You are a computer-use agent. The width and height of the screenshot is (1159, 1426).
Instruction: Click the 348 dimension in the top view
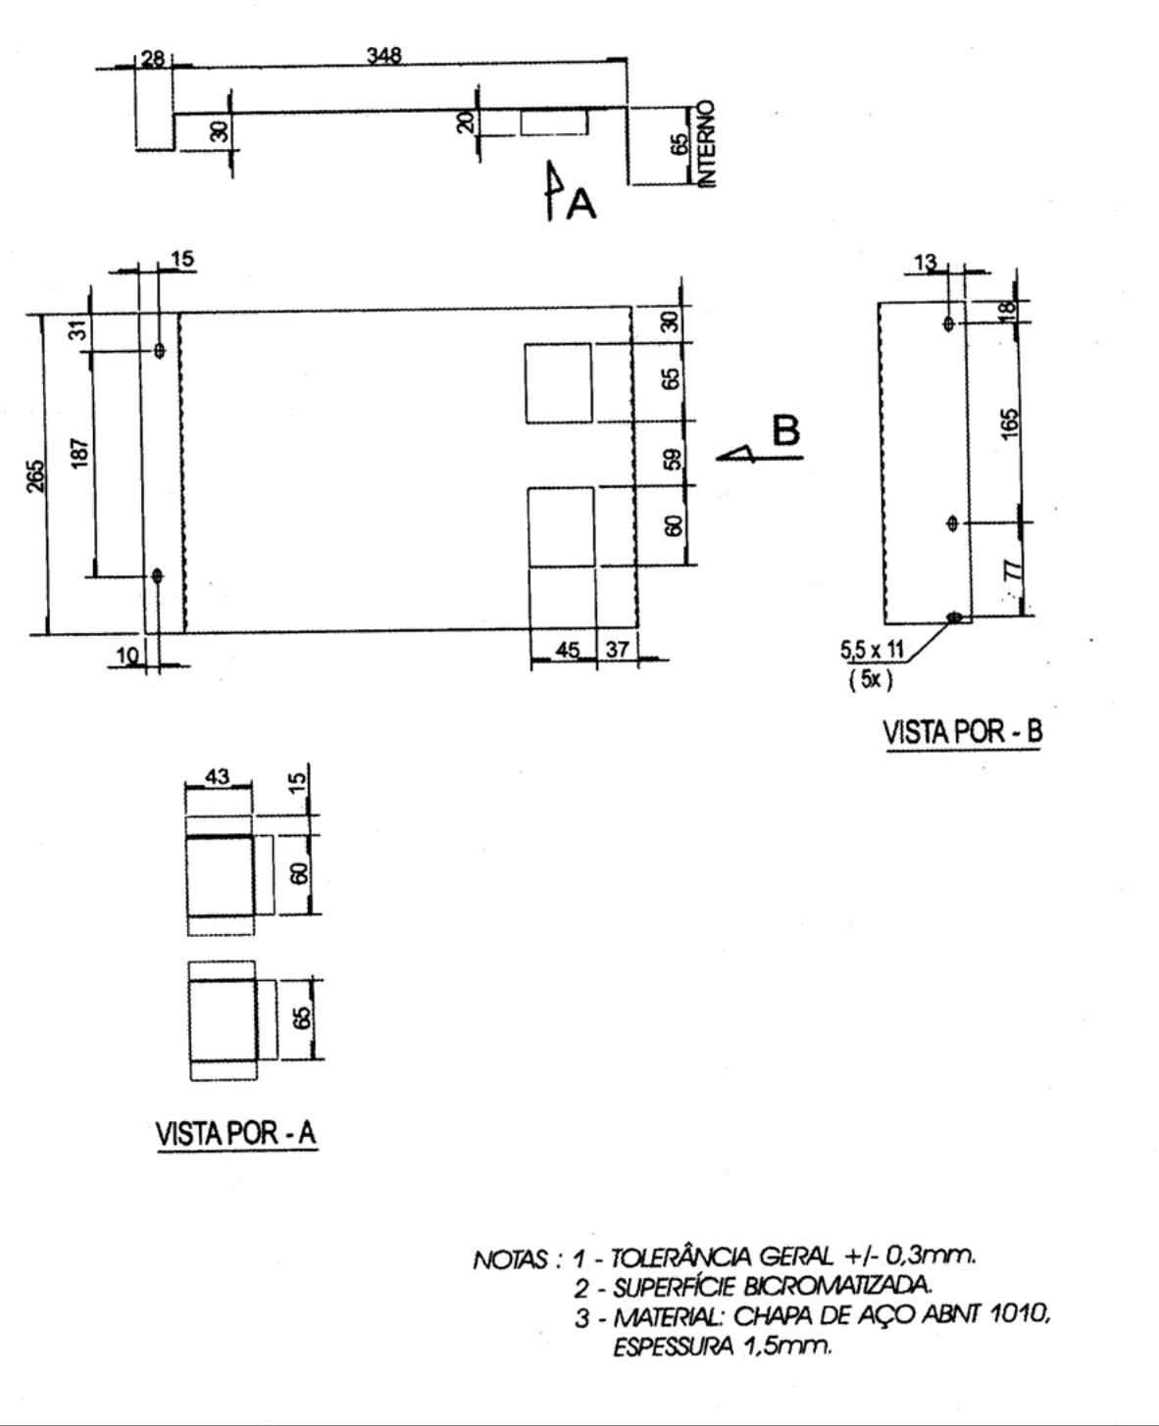(x=383, y=55)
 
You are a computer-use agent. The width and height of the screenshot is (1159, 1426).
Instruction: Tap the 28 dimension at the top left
(x=153, y=59)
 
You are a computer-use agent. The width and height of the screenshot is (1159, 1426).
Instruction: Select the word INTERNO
(x=706, y=144)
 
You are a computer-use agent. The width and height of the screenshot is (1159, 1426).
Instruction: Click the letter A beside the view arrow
(x=580, y=204)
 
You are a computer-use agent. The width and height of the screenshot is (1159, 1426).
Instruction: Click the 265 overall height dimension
(x=37, y=475)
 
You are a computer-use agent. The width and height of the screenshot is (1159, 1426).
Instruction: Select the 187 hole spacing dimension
(x=79, y=453)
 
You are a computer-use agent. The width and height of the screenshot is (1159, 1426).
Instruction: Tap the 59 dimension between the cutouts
(x=674, y=459)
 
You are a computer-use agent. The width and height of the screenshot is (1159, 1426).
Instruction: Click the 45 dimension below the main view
(x=568, y=650)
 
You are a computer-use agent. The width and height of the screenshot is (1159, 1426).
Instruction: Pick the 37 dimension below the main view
(x=618, y=649)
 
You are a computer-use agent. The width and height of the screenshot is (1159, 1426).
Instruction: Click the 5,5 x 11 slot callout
(x=872, y=650)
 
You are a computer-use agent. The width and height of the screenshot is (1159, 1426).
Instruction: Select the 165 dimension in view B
(x=1010, y=423)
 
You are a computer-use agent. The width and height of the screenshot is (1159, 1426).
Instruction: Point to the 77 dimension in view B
(x=1014, y=569)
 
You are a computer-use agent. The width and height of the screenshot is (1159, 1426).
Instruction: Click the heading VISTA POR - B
(x=964, y=732)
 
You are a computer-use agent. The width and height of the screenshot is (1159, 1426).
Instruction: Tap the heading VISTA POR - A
(x=236, y=1133)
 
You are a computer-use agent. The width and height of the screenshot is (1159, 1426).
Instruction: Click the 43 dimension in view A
(x=217, y=776)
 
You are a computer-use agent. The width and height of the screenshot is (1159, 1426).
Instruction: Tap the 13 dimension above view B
(x=926, y=263)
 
